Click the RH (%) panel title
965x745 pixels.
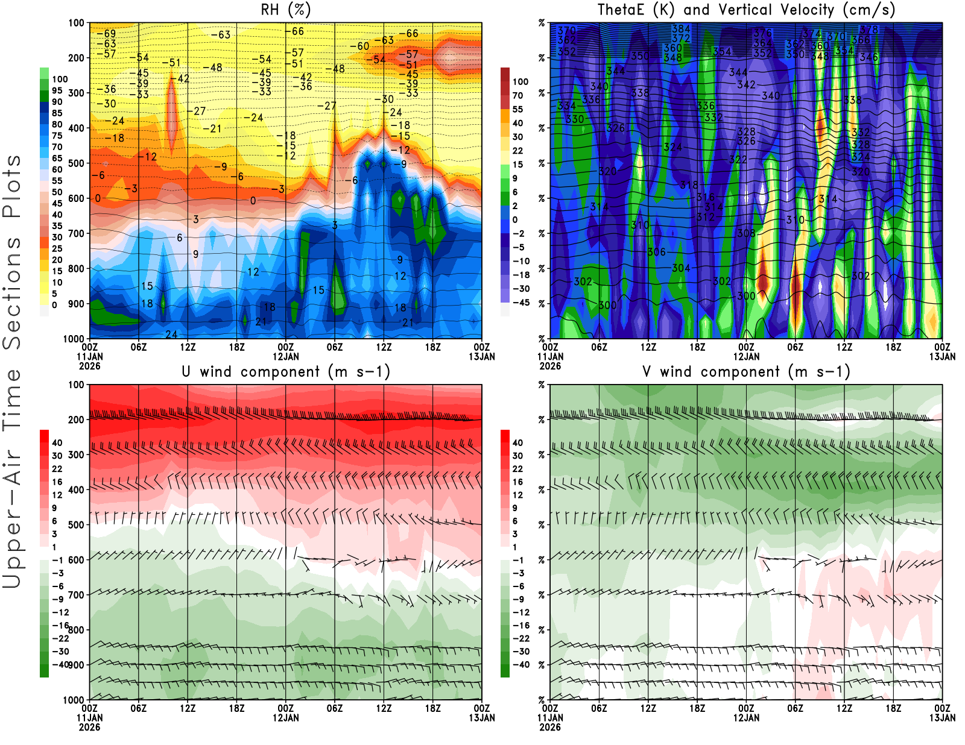click(285, 10)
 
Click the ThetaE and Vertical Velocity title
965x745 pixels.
click(745, 10)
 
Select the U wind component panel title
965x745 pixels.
click(285, 371)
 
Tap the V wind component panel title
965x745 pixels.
click(745, 371)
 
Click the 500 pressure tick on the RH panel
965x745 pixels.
click(76, 163)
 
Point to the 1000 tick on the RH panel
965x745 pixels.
click(74, 339)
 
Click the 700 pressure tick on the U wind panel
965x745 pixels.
click(76, 595)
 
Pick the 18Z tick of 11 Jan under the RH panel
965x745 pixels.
click(236, 347)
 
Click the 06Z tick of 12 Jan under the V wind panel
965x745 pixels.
click(795, 708)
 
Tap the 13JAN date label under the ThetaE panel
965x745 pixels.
click(942, 357)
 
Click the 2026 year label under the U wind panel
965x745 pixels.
click(89, 727)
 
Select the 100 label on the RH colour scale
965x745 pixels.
click(60, 79)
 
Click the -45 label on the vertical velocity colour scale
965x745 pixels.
click(520, 303)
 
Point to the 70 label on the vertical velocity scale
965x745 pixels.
click(517, 95)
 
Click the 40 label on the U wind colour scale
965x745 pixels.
click(57, 442)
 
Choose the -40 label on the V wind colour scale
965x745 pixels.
click(520, 665)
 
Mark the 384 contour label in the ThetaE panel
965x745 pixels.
click(680, 29)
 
